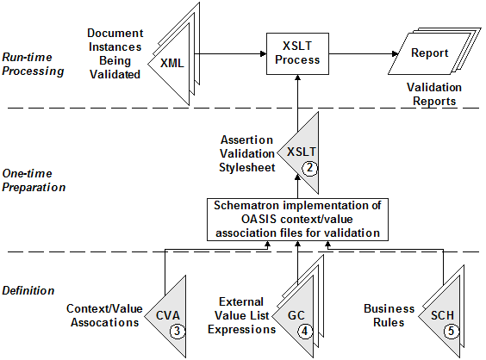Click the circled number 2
[x=309, y=168]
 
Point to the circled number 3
[x=178, y=332]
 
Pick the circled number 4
[x=305, y=332]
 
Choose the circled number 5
[x=451, y=332]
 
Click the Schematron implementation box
[x=297, y=220]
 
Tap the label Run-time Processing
[x=33, y=64]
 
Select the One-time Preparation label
[x=34, y=180]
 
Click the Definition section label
[x=28, y=290]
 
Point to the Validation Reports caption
[x=434, y=94]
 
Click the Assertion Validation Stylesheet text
[x=247, y=153]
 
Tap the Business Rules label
[x=389, y=315]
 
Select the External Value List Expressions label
[x=241, y=316]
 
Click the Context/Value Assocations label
[x=104, y=315]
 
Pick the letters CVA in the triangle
[x=168, y=315]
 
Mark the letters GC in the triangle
[x=296, y=315]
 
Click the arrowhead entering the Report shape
[x=396, y=54]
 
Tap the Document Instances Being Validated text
[x=115, y=53]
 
